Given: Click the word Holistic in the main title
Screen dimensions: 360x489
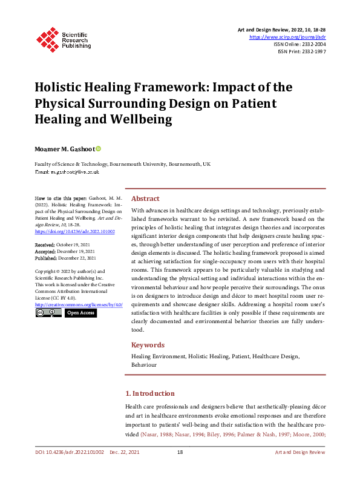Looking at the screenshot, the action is (x=64, y=88).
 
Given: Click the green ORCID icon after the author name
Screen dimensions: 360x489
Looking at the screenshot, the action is (x=98, y=149).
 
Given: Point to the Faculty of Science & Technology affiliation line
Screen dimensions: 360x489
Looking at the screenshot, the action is (x=122, y=164).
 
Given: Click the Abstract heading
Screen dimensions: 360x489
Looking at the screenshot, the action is (x=145, y=199).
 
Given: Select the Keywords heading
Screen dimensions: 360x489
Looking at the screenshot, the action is (x=148, y=345).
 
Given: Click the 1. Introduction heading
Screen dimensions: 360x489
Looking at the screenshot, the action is (x=150, y=393).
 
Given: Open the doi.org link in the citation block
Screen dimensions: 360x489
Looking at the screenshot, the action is (x=75, y=231).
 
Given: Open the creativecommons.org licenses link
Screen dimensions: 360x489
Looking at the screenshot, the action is (x=79, y=304).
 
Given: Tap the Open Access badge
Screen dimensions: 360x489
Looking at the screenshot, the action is (x=80, y=313).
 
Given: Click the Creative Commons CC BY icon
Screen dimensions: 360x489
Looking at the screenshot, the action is (x=48, y=313).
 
